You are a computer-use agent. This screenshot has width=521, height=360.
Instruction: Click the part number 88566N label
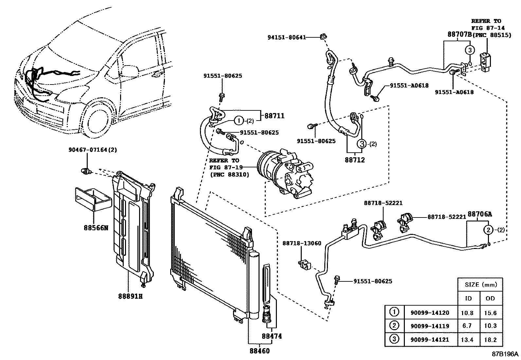tap(95, 227)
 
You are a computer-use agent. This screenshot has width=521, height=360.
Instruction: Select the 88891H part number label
tap(130, 296)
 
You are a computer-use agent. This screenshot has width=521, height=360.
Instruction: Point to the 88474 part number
tap(271, 336)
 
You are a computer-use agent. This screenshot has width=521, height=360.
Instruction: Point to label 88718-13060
tap(302, 243)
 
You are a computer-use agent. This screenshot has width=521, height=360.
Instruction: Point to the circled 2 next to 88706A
tap(488, 230)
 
